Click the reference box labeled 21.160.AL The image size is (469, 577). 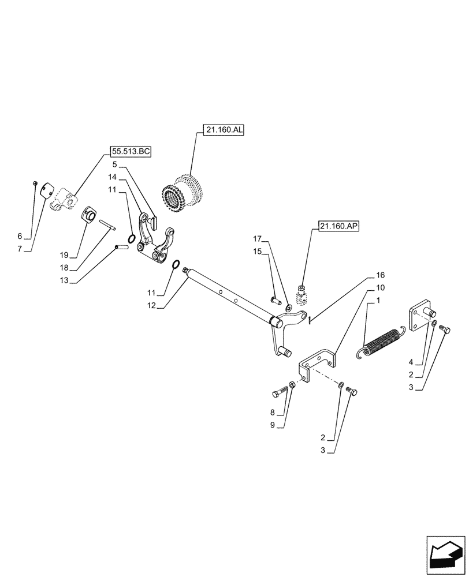tap(224, 130)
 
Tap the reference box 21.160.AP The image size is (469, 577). tap(338, 227)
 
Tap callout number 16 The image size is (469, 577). tap(380, 275)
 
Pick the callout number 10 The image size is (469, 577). tap(380, 287)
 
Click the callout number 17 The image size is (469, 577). tap(257, 238)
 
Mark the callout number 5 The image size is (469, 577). tap(115, 164)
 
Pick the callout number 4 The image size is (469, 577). tap(411, 362)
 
